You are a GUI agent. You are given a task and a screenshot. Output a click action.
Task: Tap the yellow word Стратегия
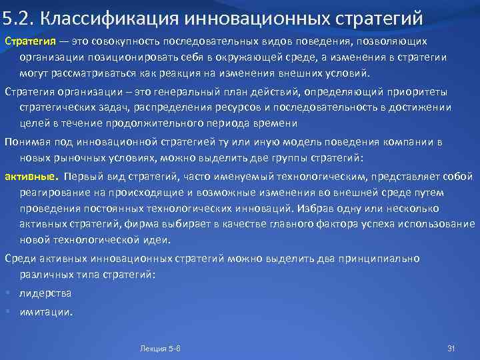25,42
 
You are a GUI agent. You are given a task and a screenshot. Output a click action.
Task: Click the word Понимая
25,141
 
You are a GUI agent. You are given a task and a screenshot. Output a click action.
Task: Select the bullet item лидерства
45,293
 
